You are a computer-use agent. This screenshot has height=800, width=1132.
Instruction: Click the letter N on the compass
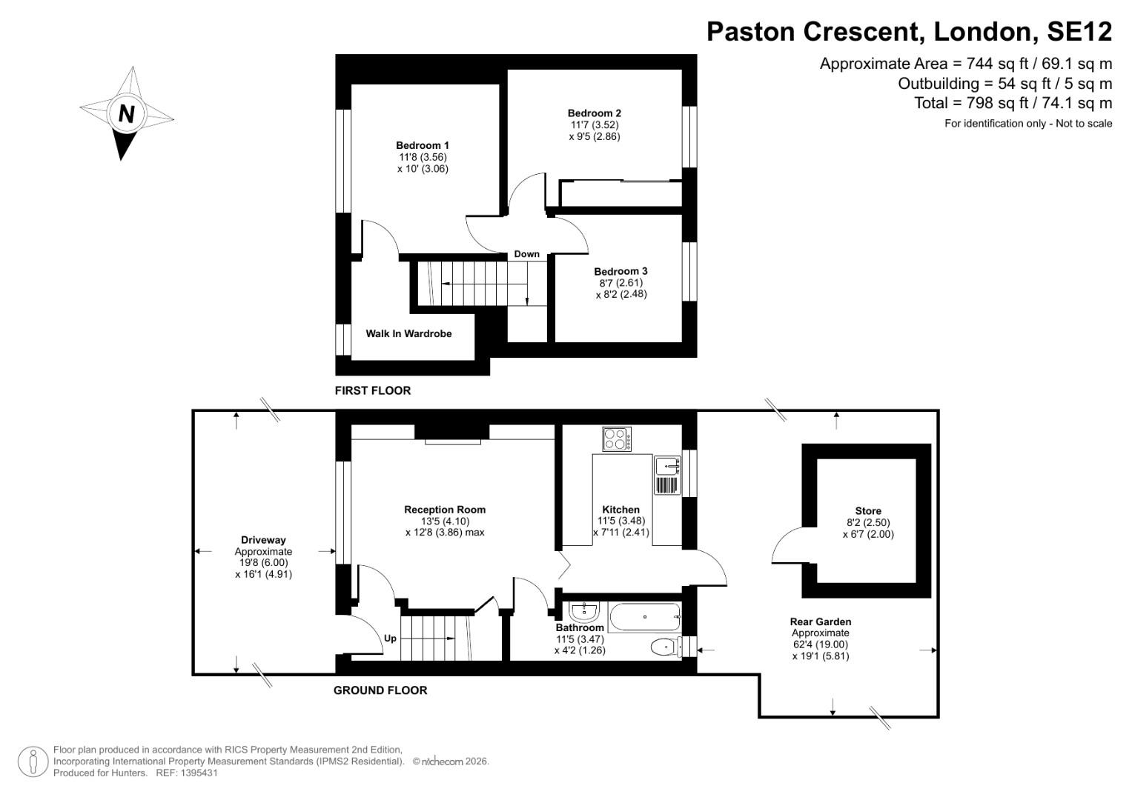coord(126,114)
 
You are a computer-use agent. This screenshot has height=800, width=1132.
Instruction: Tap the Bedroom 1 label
coord(422,145)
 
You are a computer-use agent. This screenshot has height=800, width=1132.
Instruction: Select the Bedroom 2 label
coord(594,113)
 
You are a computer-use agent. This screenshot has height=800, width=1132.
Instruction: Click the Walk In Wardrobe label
coord(408,333)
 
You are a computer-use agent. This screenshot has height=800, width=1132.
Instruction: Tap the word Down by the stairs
coord(526,254)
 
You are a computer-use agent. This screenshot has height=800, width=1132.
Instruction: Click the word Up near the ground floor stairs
coord(390,638)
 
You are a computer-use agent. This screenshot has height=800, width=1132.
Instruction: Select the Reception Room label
coord(445,510)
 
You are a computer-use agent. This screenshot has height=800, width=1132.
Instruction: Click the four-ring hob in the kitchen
coord(617,439)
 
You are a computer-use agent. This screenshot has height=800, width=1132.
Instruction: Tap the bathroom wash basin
coord(584,612)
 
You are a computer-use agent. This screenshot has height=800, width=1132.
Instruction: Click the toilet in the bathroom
coord(665,647)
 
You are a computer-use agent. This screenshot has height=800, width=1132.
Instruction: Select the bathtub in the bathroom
coord(644,616)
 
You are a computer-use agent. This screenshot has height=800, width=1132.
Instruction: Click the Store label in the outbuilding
coord(868,511)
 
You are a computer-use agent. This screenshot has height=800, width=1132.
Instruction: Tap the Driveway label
coord(263,540)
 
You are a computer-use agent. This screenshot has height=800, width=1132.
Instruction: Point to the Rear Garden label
coord(820,622)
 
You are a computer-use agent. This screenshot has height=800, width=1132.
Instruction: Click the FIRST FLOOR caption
coord(372,390)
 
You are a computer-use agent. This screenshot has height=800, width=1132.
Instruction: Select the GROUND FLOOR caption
coord(380,690)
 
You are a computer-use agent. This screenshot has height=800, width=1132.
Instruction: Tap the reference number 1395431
coord(197,773)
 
